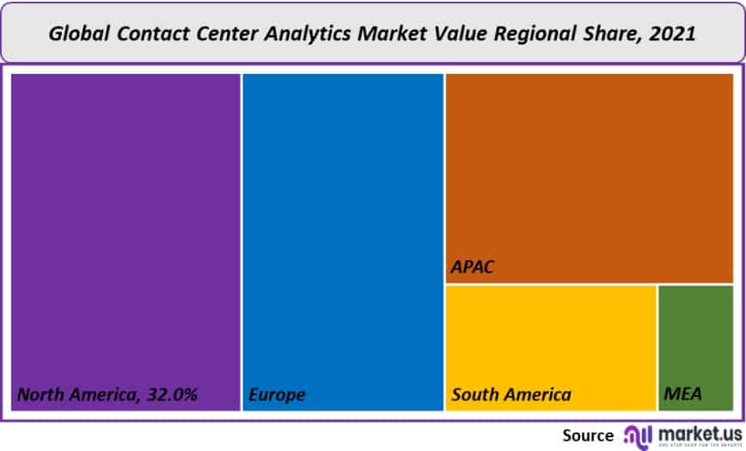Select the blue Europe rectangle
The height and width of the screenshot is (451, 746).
[343, 232]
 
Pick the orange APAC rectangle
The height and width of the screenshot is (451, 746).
[589, 172]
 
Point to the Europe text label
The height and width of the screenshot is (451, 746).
[277, 395]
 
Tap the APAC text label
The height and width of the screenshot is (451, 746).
[473, 268]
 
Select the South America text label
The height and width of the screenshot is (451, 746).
[511, 395]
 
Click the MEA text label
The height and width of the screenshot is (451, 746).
[683, 395]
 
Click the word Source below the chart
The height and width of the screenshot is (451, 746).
[588, 435]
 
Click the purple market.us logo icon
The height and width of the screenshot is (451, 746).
[638, 435]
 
